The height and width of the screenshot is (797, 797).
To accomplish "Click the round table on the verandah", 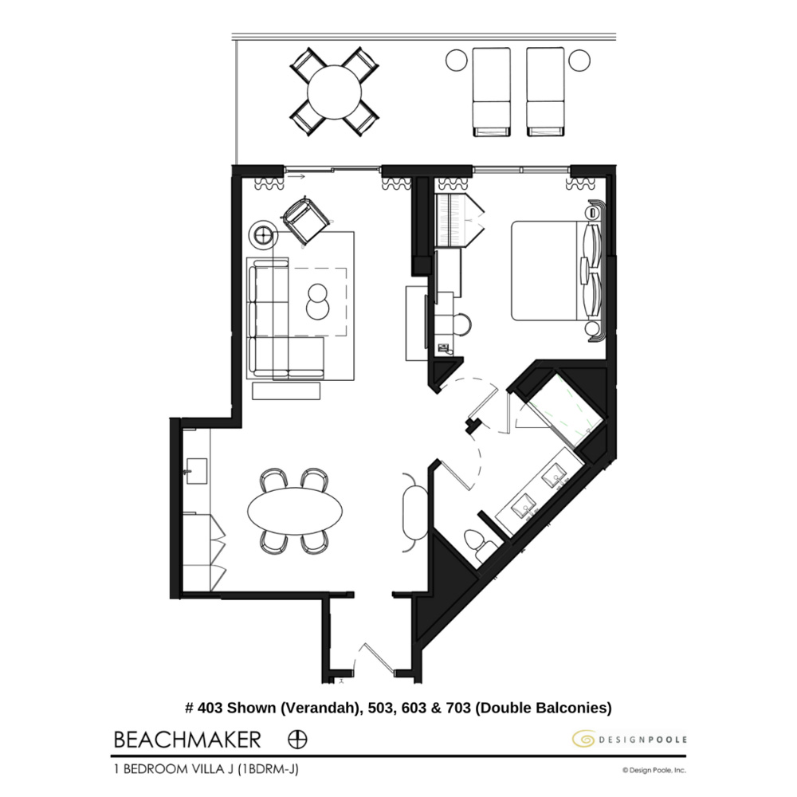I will pyautogui.click(x=334, y=91).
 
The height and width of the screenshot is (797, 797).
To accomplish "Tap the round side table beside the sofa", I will pyautogui.click(x=264, y=234).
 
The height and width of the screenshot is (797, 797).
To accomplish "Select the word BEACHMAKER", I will pyautogui.click(x=187, y=739).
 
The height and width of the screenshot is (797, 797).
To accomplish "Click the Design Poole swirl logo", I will pyautogui.click(x=583, y=740).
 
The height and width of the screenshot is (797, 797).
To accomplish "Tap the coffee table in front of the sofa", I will pyautogui.click(x=317, y=301).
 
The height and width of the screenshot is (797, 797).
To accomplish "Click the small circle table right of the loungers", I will pyautogui.click(x=579, y=58).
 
